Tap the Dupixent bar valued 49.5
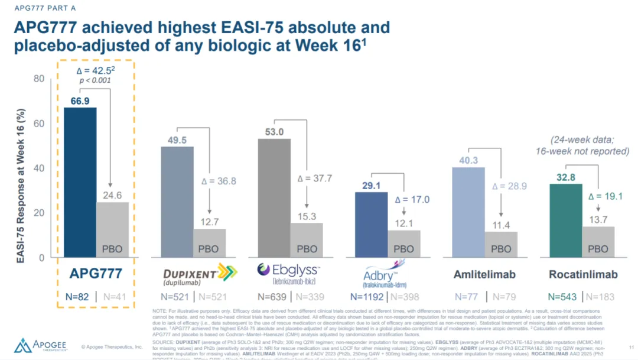pyautogui.click(x=177, y=202)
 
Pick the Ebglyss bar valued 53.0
pyautogui.click(x=274, y=197)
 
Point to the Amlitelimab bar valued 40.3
pyautogui.click(x=468, y=212)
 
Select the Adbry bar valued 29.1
pyautogui.click(x=371, y=225)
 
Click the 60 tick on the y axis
pyautogui.click(x=38, y=124)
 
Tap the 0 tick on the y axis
pyautogui.click(x=41, y=258)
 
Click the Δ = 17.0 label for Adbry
pyautogui.click(x=412, y=199)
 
